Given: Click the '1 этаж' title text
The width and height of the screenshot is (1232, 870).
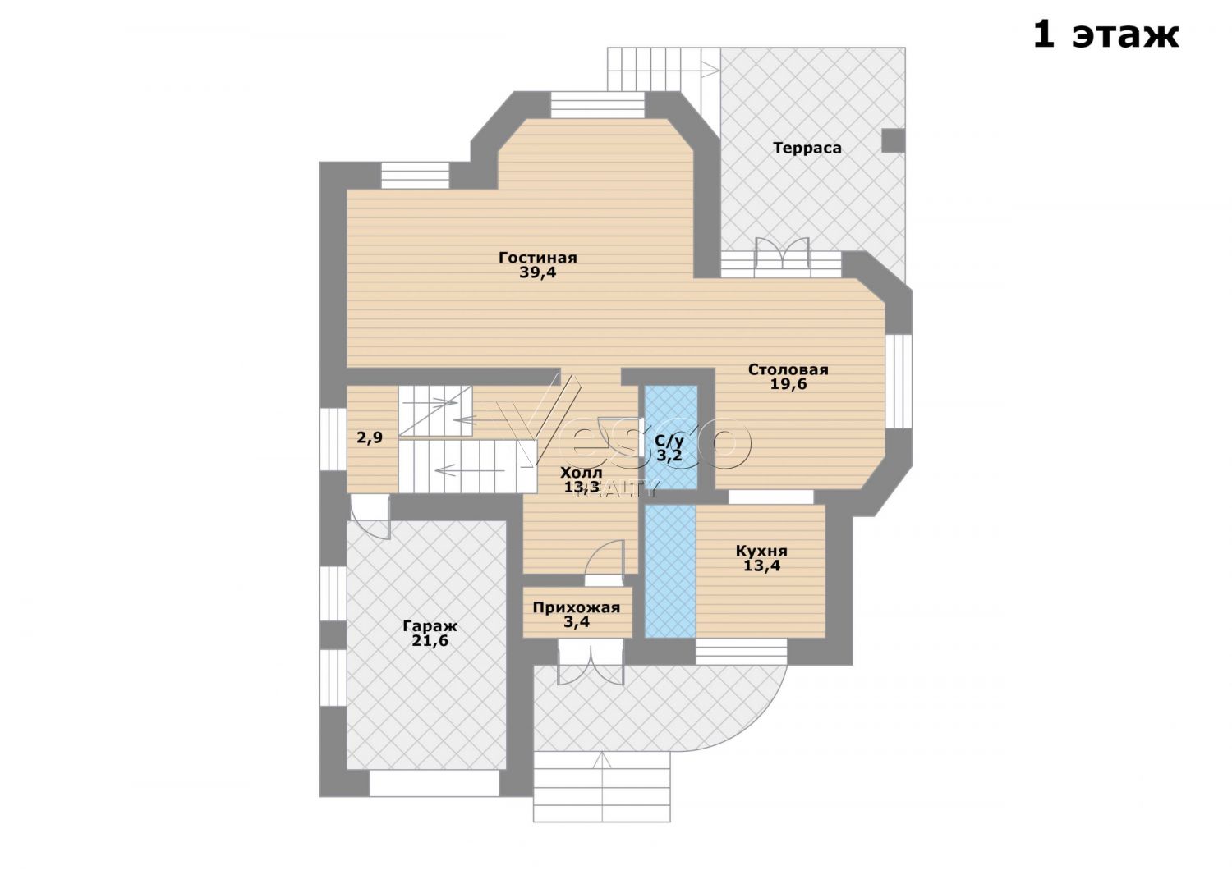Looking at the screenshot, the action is (x=1106, y=35).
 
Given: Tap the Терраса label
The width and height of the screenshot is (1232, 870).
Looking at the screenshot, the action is (x=807, y=148).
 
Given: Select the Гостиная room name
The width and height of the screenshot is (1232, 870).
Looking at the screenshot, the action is (x=537, y=257).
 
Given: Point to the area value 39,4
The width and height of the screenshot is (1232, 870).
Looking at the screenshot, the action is (x=537, y=272).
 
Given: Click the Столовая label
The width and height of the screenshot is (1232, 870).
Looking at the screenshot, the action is (x=788, y=369).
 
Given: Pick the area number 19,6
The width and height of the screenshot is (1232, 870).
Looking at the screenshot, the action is (x=788, y=384).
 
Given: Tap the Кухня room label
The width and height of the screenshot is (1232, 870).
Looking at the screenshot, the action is (x=761, y=551).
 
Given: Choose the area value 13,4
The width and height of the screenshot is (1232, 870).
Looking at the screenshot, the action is (x=761, y=565).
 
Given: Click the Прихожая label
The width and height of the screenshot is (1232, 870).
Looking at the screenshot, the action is (x=577, y=607).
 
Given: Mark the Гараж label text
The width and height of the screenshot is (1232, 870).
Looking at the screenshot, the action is (x=430, y=626).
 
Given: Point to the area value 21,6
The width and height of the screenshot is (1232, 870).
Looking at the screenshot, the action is (x=430, y=641).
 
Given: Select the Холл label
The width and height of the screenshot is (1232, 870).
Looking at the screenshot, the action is (x=581, y=473).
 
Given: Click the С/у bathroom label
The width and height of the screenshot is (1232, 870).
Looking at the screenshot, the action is (x=669, y=440).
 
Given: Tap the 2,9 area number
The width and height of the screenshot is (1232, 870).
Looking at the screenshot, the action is (x=370, y=438).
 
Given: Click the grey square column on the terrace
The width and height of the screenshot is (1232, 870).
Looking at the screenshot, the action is (x=894, y=140).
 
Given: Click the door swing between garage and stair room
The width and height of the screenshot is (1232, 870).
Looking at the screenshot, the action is (x=370, y=516).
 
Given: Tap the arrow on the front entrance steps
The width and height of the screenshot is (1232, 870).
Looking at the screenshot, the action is (x=603, y=786).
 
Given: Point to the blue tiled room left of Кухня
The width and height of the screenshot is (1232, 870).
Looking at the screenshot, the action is (x=670, y=571).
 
